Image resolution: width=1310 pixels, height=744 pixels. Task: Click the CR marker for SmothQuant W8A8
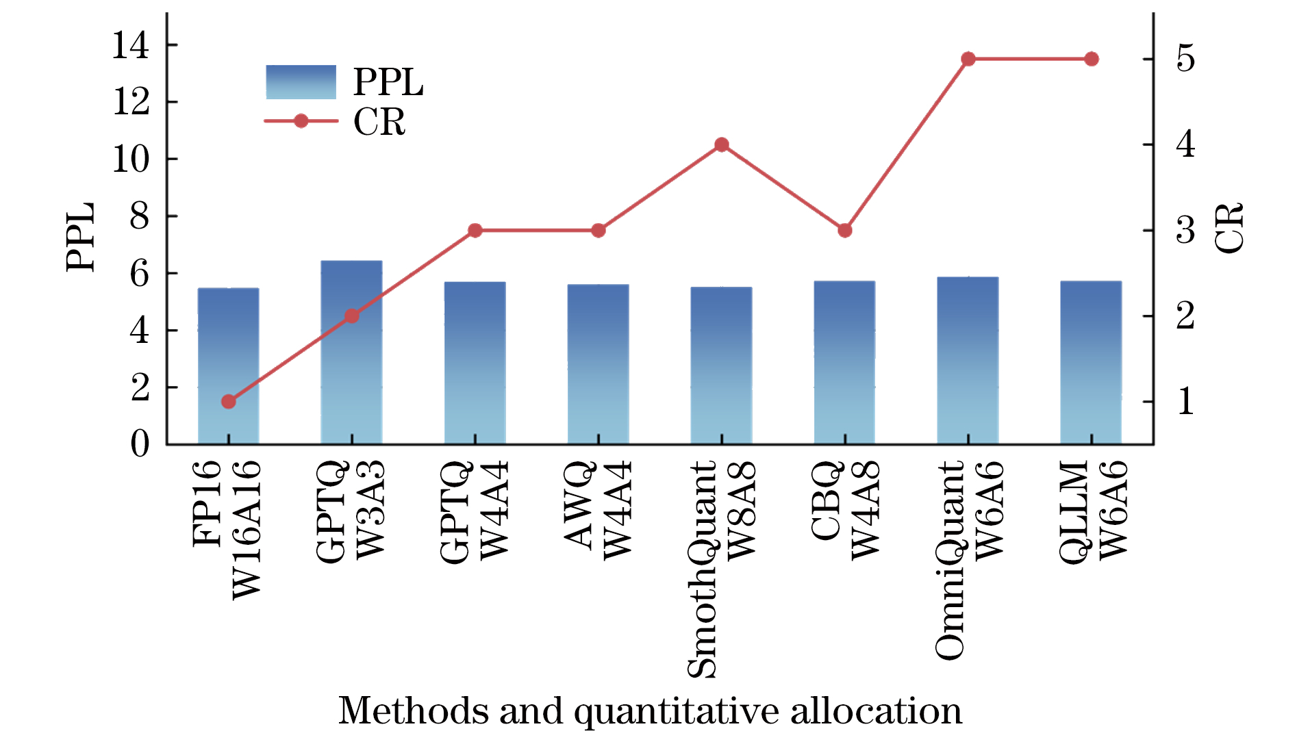[x=721, y=144]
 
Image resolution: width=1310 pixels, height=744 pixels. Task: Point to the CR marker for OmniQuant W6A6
[x=968, y=59]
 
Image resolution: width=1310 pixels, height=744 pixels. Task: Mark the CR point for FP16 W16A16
[x=229, y=402]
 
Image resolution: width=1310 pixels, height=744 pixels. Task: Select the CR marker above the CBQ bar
[x=844, y=231]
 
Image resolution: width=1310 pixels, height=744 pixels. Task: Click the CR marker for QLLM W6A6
[x=1092, y=59]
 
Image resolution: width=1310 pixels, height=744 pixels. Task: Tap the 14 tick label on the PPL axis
[x=130, y=46]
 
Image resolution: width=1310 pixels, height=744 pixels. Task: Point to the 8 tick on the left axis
[x=139, y=216]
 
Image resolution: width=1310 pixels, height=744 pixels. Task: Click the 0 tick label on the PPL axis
[x=140, y=444]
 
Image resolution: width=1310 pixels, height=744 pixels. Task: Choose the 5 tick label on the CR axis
[x=1185, y=59]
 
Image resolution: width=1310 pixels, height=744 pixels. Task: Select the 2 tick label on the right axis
[x=1185, y=316]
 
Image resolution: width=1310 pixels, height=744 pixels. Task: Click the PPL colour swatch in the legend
[x=301, y=82]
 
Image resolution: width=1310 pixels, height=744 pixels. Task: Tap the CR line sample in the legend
[x=301, y=121]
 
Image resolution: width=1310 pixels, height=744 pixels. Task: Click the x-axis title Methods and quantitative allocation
[x=650, y=710]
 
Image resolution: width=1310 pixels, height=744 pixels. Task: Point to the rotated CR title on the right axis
[x=1229, y=229]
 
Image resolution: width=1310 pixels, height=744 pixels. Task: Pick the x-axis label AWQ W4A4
[x=598, y=510]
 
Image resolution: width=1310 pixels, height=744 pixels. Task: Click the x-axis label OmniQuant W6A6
[x=968, y=560]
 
